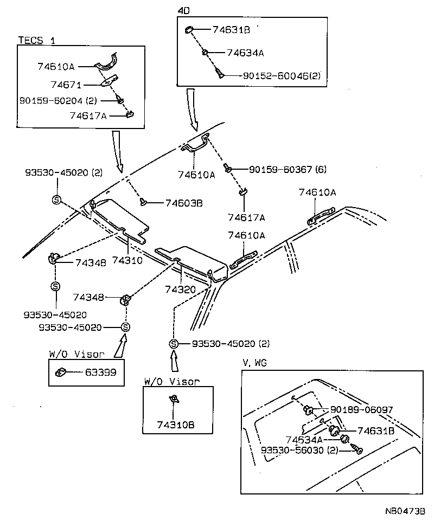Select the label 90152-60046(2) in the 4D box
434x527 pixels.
coord(280,76)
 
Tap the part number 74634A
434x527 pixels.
coord(245,53)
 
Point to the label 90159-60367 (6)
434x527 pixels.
coord(288,170)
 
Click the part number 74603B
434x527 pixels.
coord(183,203)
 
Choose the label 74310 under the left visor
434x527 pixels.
coord(127,260)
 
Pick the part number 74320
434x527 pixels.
coord(180,290)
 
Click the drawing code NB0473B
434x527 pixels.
coord(405,511)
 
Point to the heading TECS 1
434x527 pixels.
coord(37,40)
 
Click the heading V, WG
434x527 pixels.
coord(255,362)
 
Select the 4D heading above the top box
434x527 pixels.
coord(184,10)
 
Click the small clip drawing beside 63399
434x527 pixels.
coord(61,372)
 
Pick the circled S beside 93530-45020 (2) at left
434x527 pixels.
coord(56,200)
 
